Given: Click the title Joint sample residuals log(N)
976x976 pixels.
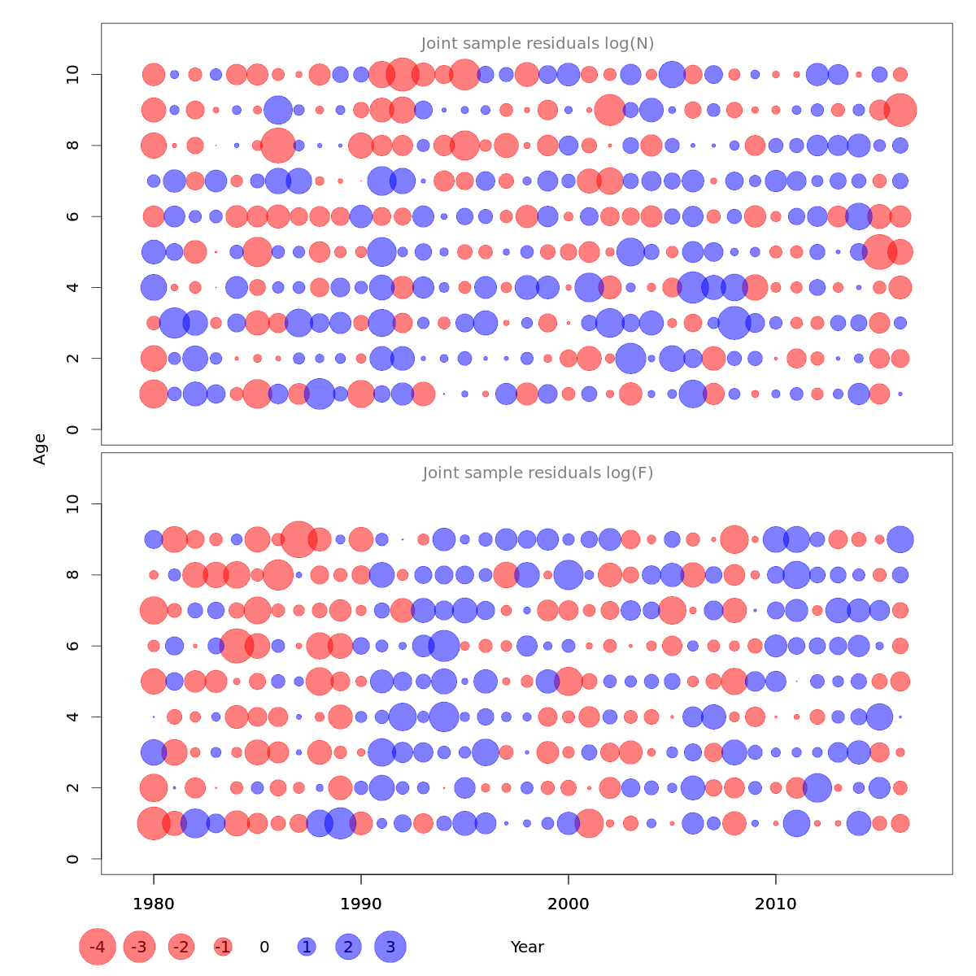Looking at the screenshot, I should coord(538,44).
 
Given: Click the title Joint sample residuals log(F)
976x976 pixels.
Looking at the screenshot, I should coord(538,473).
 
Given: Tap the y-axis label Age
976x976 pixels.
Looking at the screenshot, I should coord(40,449).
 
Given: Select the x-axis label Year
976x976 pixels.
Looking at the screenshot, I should coord(527,947).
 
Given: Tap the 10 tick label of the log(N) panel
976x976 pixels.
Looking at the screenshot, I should coord(74,75).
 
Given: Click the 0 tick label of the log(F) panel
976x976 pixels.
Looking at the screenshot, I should coord(74,859).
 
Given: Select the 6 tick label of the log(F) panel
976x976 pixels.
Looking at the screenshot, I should coord(74,646).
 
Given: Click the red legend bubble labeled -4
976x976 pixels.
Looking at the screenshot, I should coord(98,947).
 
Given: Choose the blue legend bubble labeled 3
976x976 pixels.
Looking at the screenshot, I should coord(390,947).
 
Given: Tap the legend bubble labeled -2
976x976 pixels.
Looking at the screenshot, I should coord(181,947).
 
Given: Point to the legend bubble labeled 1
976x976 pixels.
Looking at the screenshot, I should coord(307,947).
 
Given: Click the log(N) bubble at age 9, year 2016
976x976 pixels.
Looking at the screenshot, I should coord(900,110).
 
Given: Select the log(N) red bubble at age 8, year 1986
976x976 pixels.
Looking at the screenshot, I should coord(278,146).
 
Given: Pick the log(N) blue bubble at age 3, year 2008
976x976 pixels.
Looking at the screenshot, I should coord(734,323).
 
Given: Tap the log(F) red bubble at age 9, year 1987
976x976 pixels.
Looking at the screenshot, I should coord(298,539).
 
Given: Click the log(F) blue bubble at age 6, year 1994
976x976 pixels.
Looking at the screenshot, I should coord(443,646).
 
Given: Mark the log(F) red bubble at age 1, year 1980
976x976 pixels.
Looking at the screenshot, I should coord(153,823).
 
